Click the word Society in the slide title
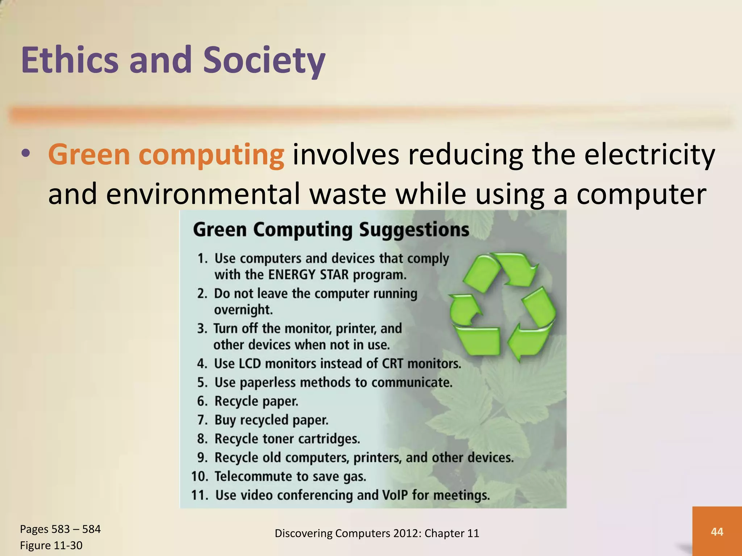click(264, 60)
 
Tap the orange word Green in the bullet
click(89, 155)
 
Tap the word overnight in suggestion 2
click(243, 310)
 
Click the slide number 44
click(717, 532)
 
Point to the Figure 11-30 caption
click(51, 546)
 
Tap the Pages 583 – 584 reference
click(60, 529)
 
